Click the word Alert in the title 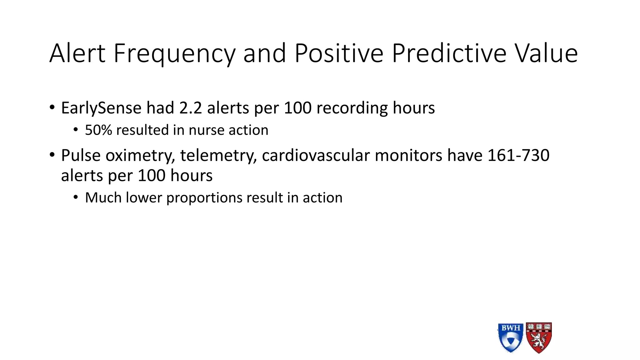click(x=77, y=53)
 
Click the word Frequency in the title click(x=174, y=53)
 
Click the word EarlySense click(x=101, y=108)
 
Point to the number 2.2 click(x=190, y=108)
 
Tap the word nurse click(x=206, y=130)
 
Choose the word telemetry click(x=218, y=155)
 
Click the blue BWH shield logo click(x=510, y=338)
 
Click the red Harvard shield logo click(x=539, y=338)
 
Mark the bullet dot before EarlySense click(x=52, y=108)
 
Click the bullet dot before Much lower click(x=76, y=197)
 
